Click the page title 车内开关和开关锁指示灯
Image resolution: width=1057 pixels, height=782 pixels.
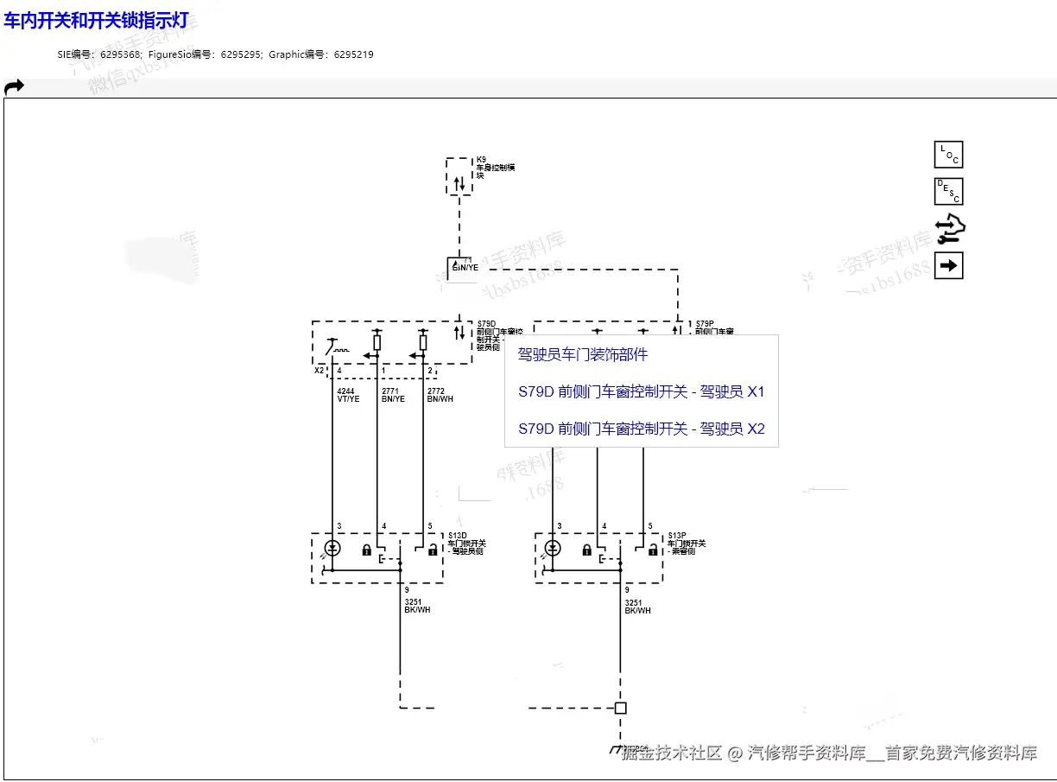point(96,20)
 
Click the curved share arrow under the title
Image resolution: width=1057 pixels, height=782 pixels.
point(14,86)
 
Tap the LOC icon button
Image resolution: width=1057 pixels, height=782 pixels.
point(948,155)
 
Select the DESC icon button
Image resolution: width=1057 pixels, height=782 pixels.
point(948,191)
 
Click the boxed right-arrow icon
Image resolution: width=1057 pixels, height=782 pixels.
point(948,265)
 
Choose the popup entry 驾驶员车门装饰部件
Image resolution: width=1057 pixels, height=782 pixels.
point(582,355)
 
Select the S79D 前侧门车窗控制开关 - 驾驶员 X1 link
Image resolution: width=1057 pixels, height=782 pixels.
point(641,392)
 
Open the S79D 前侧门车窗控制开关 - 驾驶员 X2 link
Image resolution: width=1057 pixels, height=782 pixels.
point(641,429)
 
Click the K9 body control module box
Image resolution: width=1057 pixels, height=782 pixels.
point(459,176)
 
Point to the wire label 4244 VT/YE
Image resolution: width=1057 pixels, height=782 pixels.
point(348,396)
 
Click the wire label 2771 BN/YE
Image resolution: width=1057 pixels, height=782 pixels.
point(393,396)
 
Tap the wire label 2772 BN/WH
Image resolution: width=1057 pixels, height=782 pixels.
point(440,396)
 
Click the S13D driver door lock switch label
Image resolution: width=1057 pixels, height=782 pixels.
point(466,544)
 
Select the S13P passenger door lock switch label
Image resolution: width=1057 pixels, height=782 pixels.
point(686,544)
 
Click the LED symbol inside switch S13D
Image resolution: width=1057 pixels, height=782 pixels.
point(332,549)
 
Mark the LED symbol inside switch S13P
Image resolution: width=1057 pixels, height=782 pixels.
point(553,549)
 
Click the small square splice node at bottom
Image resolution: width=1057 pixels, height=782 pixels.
point(620,708)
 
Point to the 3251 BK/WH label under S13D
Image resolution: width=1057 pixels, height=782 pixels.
point(417,607)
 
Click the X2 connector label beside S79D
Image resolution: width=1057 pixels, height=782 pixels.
point(319,370)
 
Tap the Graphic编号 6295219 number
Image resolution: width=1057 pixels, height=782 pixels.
point(353,54)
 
